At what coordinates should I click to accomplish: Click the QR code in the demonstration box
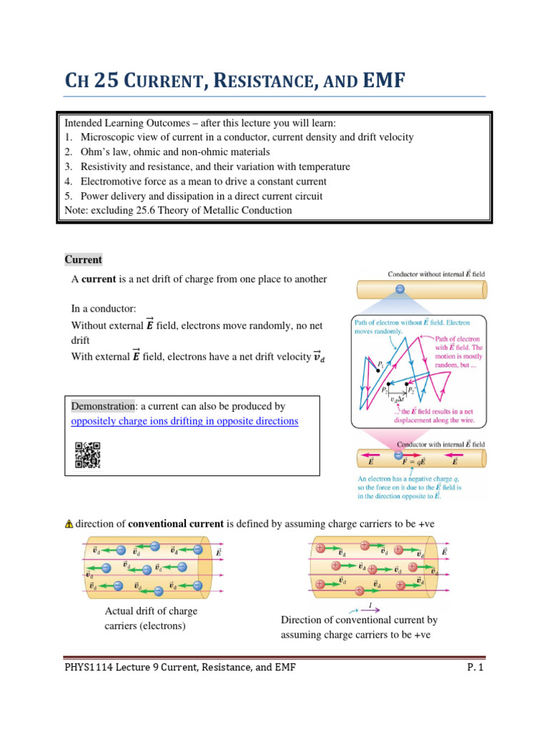pyautogui.click(x=87, y=455)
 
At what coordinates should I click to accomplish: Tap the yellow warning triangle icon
pyautogui.click(x=69, y=524)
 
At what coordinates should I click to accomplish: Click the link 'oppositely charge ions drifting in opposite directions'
pyautogui.click(x=184, y=421)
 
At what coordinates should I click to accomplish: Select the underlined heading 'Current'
pyautogui.click(x=84, y=259)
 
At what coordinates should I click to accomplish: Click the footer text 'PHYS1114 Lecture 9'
pyautogui.click(x=118, y=668)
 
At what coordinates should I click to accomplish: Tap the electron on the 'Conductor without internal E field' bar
pyautogui.click(x=400, y=290)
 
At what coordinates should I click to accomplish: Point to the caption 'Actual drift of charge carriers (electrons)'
pyautogui.click(x=151, y=618)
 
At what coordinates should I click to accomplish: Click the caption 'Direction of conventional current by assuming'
pyautogui.click(x=359, y=620)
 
